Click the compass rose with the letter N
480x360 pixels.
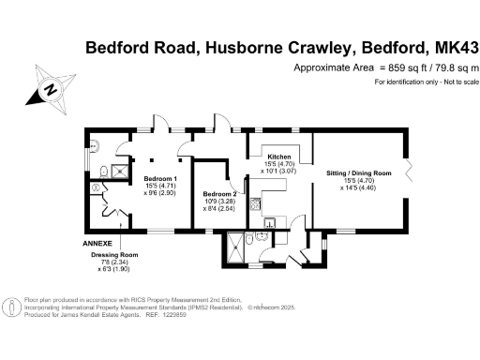(52, 91)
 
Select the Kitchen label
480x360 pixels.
(279, 157)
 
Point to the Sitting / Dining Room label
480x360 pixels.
(358, 174)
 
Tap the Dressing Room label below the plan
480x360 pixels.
(113, 255)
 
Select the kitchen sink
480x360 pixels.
(268, 223)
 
